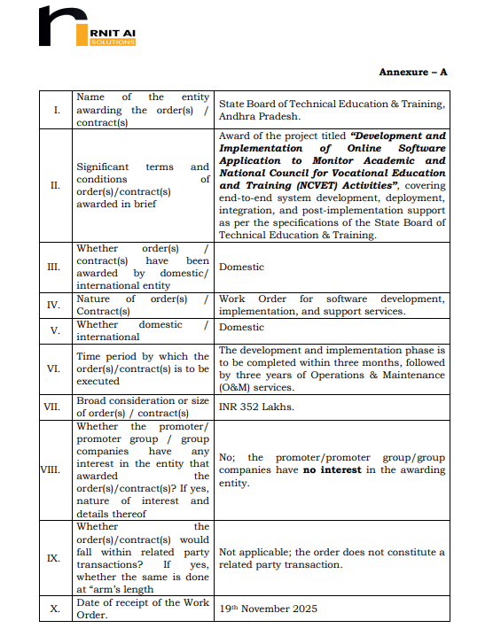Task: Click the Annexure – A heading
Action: pos(412,72)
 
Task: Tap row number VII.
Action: pos(56,407)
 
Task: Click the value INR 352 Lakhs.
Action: pos(257,407)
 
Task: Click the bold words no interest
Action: pos(333,469)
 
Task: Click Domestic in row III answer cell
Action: pos(241,267)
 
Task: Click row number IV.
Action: pos(56,305)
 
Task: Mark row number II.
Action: pos(56,185)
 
